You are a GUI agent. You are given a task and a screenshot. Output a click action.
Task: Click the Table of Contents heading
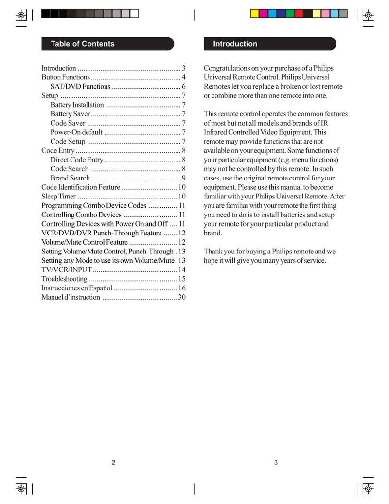[83, 44]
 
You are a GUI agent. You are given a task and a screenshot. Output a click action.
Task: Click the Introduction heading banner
[235, 44]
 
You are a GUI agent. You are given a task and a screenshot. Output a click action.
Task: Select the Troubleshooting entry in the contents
[64, 279]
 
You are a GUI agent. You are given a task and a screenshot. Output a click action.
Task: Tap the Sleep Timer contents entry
[58, 196]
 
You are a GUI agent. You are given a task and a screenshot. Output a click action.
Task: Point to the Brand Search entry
[70, 178]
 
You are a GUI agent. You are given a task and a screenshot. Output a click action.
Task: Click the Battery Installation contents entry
[77, 105]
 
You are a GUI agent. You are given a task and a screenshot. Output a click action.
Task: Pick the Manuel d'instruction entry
[71, 297]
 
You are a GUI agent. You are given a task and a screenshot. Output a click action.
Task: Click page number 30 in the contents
[182, 297]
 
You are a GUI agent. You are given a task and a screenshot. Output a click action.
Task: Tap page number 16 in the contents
[182, 288]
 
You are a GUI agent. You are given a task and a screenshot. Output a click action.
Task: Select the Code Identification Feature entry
[80, 187]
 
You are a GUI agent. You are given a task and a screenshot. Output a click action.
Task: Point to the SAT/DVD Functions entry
[80, 87]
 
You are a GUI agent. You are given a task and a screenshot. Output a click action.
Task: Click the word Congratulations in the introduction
[228, 68]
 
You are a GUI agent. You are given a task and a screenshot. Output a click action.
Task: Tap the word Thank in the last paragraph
[213, 252]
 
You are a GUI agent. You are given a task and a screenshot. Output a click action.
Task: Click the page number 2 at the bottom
[113, 462]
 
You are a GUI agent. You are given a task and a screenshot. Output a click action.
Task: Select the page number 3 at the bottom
[276, 462]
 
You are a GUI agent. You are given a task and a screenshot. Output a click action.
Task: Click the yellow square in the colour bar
[254, 14]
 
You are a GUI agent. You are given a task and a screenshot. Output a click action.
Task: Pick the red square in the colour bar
[299, 14]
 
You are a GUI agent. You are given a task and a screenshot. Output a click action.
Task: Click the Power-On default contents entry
[76, 132]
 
